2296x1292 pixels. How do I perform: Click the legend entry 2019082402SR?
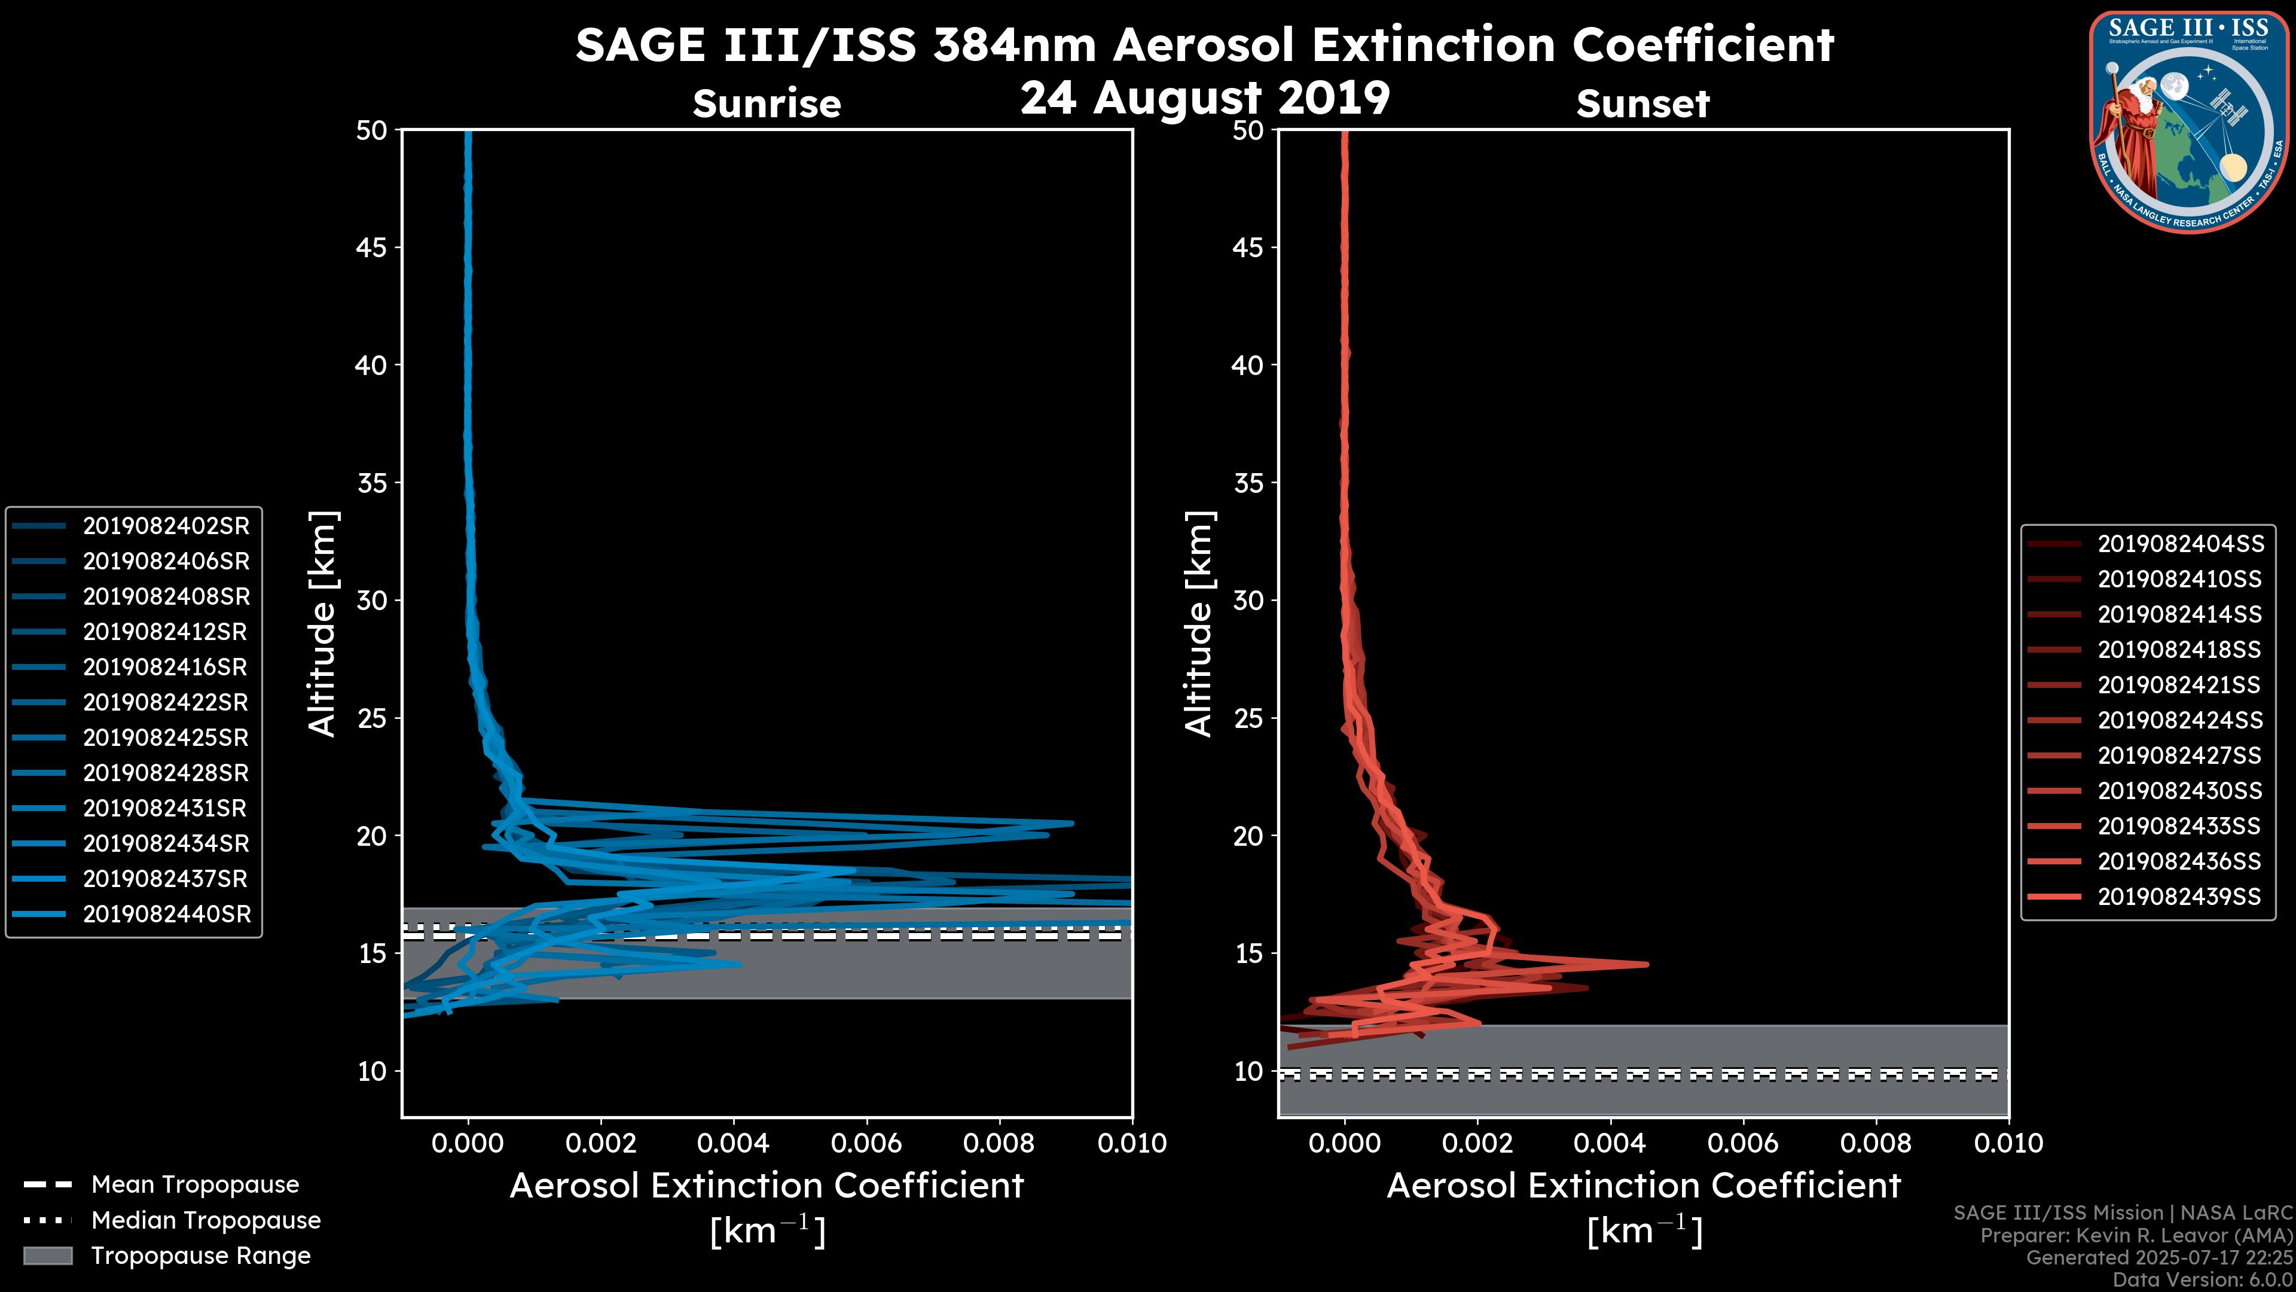click(x=166, y=526)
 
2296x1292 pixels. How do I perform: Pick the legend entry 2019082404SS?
click(x=2179, y=544)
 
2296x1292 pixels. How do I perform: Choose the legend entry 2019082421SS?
click(x=2179, y=685)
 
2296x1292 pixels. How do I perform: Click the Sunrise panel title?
click(x=767, y=104)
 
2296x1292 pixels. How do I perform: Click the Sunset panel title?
click(x=1642, y=104)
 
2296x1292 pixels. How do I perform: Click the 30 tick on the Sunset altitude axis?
click(x=1248, y=600)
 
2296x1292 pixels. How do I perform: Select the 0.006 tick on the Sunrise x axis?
click(x=866, y=1143)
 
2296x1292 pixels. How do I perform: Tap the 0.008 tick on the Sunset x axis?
click(x=1876, y=1143)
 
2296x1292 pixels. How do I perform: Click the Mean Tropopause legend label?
click(x=195, y=1185)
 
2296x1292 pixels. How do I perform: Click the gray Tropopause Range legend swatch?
click(x=47, y=1256)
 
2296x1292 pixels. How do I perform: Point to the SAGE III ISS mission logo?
click(x=2190, y=121)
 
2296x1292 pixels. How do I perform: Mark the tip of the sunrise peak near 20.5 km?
click(x=1071, y=823)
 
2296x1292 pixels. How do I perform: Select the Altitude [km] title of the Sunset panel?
click(x=1199, y=624)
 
